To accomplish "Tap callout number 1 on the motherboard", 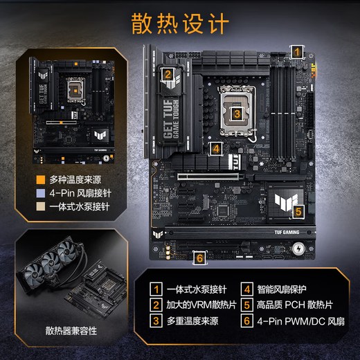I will [x=296, y=51].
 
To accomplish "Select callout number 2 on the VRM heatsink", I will [x=168, y=75].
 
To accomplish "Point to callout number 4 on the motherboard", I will [x=216, y=147].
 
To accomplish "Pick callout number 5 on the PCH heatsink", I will [x=298, y=211].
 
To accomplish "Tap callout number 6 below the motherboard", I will [x=200, y=258].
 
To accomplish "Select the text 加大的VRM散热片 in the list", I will [x=201, y=305].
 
